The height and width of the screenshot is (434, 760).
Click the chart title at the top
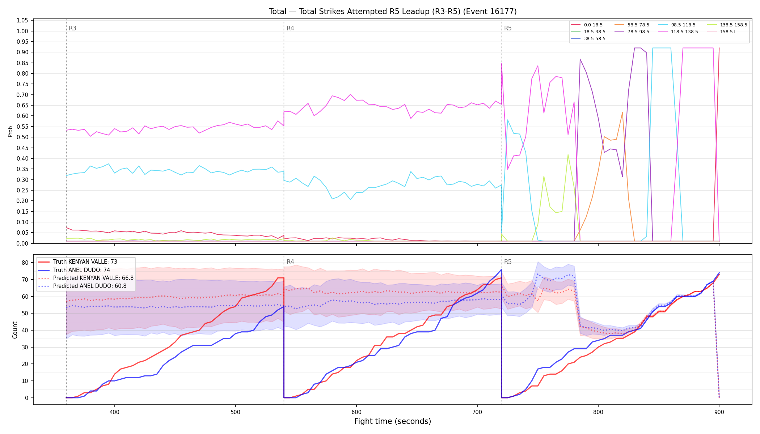[x=393, y=12]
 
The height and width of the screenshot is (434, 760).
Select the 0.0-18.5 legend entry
[x=587, y=25]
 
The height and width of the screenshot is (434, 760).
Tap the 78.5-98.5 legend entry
[x=632, y=32]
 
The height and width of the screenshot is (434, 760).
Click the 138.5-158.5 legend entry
[x=727, y=25]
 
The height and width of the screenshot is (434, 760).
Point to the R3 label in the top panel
[x=72, y=28]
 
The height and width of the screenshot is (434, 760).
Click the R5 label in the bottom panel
[x=508, y=262]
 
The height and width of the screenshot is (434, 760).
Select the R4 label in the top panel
[x=290, y=28]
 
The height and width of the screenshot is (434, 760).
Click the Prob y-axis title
[x=10, y=131]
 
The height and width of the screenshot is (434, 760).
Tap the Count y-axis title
[x=15, y=330]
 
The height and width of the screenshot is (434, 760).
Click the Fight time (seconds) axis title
[x=393, y=421]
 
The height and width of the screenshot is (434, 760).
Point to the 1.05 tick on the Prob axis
[x=22, y=21]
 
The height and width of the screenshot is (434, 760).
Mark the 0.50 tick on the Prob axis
[x=22, y=137]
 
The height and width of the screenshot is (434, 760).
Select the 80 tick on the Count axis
[x=25, y=263]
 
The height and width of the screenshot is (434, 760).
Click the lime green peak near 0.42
[x=568, y=154]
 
